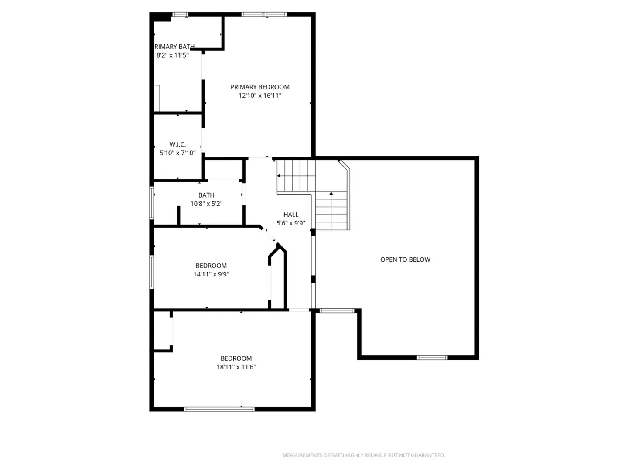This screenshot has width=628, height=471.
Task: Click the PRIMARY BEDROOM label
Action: (x=259, y=87)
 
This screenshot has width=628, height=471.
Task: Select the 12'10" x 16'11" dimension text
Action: (x=260, y=96)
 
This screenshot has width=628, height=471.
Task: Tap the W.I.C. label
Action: (x=177, y=144)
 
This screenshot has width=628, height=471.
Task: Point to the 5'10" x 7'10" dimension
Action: (x=177, y=153)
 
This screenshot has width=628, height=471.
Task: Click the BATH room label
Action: (x=206, y=195)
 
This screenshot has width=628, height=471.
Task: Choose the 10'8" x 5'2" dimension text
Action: (x=206, y=204)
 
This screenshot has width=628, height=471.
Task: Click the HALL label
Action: (x=291, y=215)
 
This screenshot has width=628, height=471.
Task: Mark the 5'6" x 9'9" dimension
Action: (x=291, y=223)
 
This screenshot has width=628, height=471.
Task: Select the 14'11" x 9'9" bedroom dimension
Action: (x=211, y=274)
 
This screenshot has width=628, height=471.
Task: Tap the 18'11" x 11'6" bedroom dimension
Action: (x=236, y=367)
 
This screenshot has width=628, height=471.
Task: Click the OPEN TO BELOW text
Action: (x=405, y=259)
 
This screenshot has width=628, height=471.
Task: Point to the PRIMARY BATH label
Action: (x=174, y=47)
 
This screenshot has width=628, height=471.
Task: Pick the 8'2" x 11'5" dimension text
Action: (x=173, y=55)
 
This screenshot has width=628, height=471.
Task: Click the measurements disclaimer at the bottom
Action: (x=364, y=455)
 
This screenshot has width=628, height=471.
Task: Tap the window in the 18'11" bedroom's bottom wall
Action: (x=219, y=409)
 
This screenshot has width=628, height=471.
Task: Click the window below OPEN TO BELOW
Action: (x=432, y=358)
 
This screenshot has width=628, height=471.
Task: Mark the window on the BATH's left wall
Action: (x=152, y=203)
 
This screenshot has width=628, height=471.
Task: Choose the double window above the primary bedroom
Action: (x=264, y=14)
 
